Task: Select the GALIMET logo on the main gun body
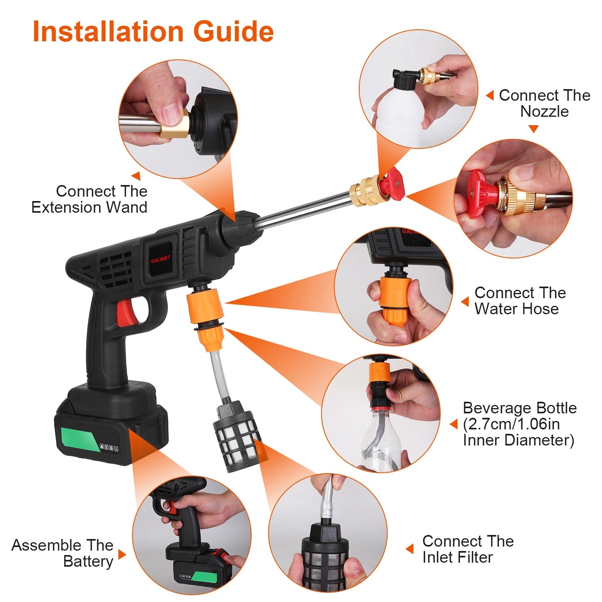coord(161,259)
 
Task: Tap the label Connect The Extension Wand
coord(89,199)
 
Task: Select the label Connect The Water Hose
coord(520,301)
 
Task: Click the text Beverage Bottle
coord(519,408)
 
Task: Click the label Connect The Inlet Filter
coord(468,549)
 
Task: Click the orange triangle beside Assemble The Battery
coord(122,555)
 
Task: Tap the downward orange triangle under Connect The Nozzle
coord(533,129)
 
